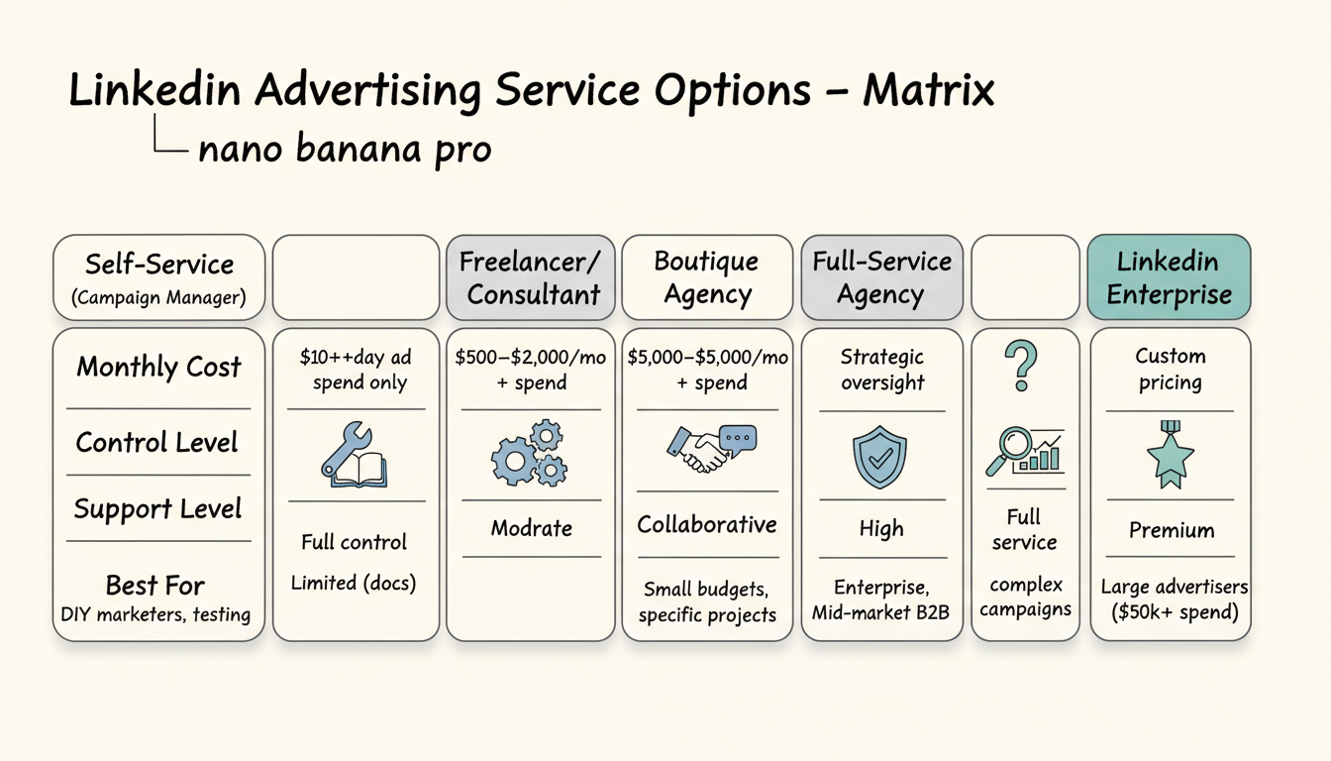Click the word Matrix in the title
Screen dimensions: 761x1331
tap(928, 91)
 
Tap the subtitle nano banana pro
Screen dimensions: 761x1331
tap(345, 149)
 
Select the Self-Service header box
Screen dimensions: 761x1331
tap(158, 277)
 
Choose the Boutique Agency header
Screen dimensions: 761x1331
tap(707, 277)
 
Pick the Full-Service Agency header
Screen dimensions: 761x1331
tap(881, 277)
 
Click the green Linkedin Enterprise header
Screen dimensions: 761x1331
tap(1170, 277)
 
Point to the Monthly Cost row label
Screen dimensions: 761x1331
tap(158, 367)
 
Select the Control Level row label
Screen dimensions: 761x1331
tap(157, 442)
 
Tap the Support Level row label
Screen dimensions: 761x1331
tap(157, 509)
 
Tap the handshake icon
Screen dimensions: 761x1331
tap(710, 449)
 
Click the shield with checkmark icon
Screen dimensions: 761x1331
tap(879, 457)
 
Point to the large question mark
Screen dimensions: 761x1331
tap(1023, 365)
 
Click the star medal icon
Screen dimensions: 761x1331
tap(1170, 455)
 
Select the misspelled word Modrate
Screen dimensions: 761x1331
tap(532, 528)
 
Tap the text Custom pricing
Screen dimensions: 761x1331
tap(1170, 369)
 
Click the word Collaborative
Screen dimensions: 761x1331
tap(707, 524)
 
